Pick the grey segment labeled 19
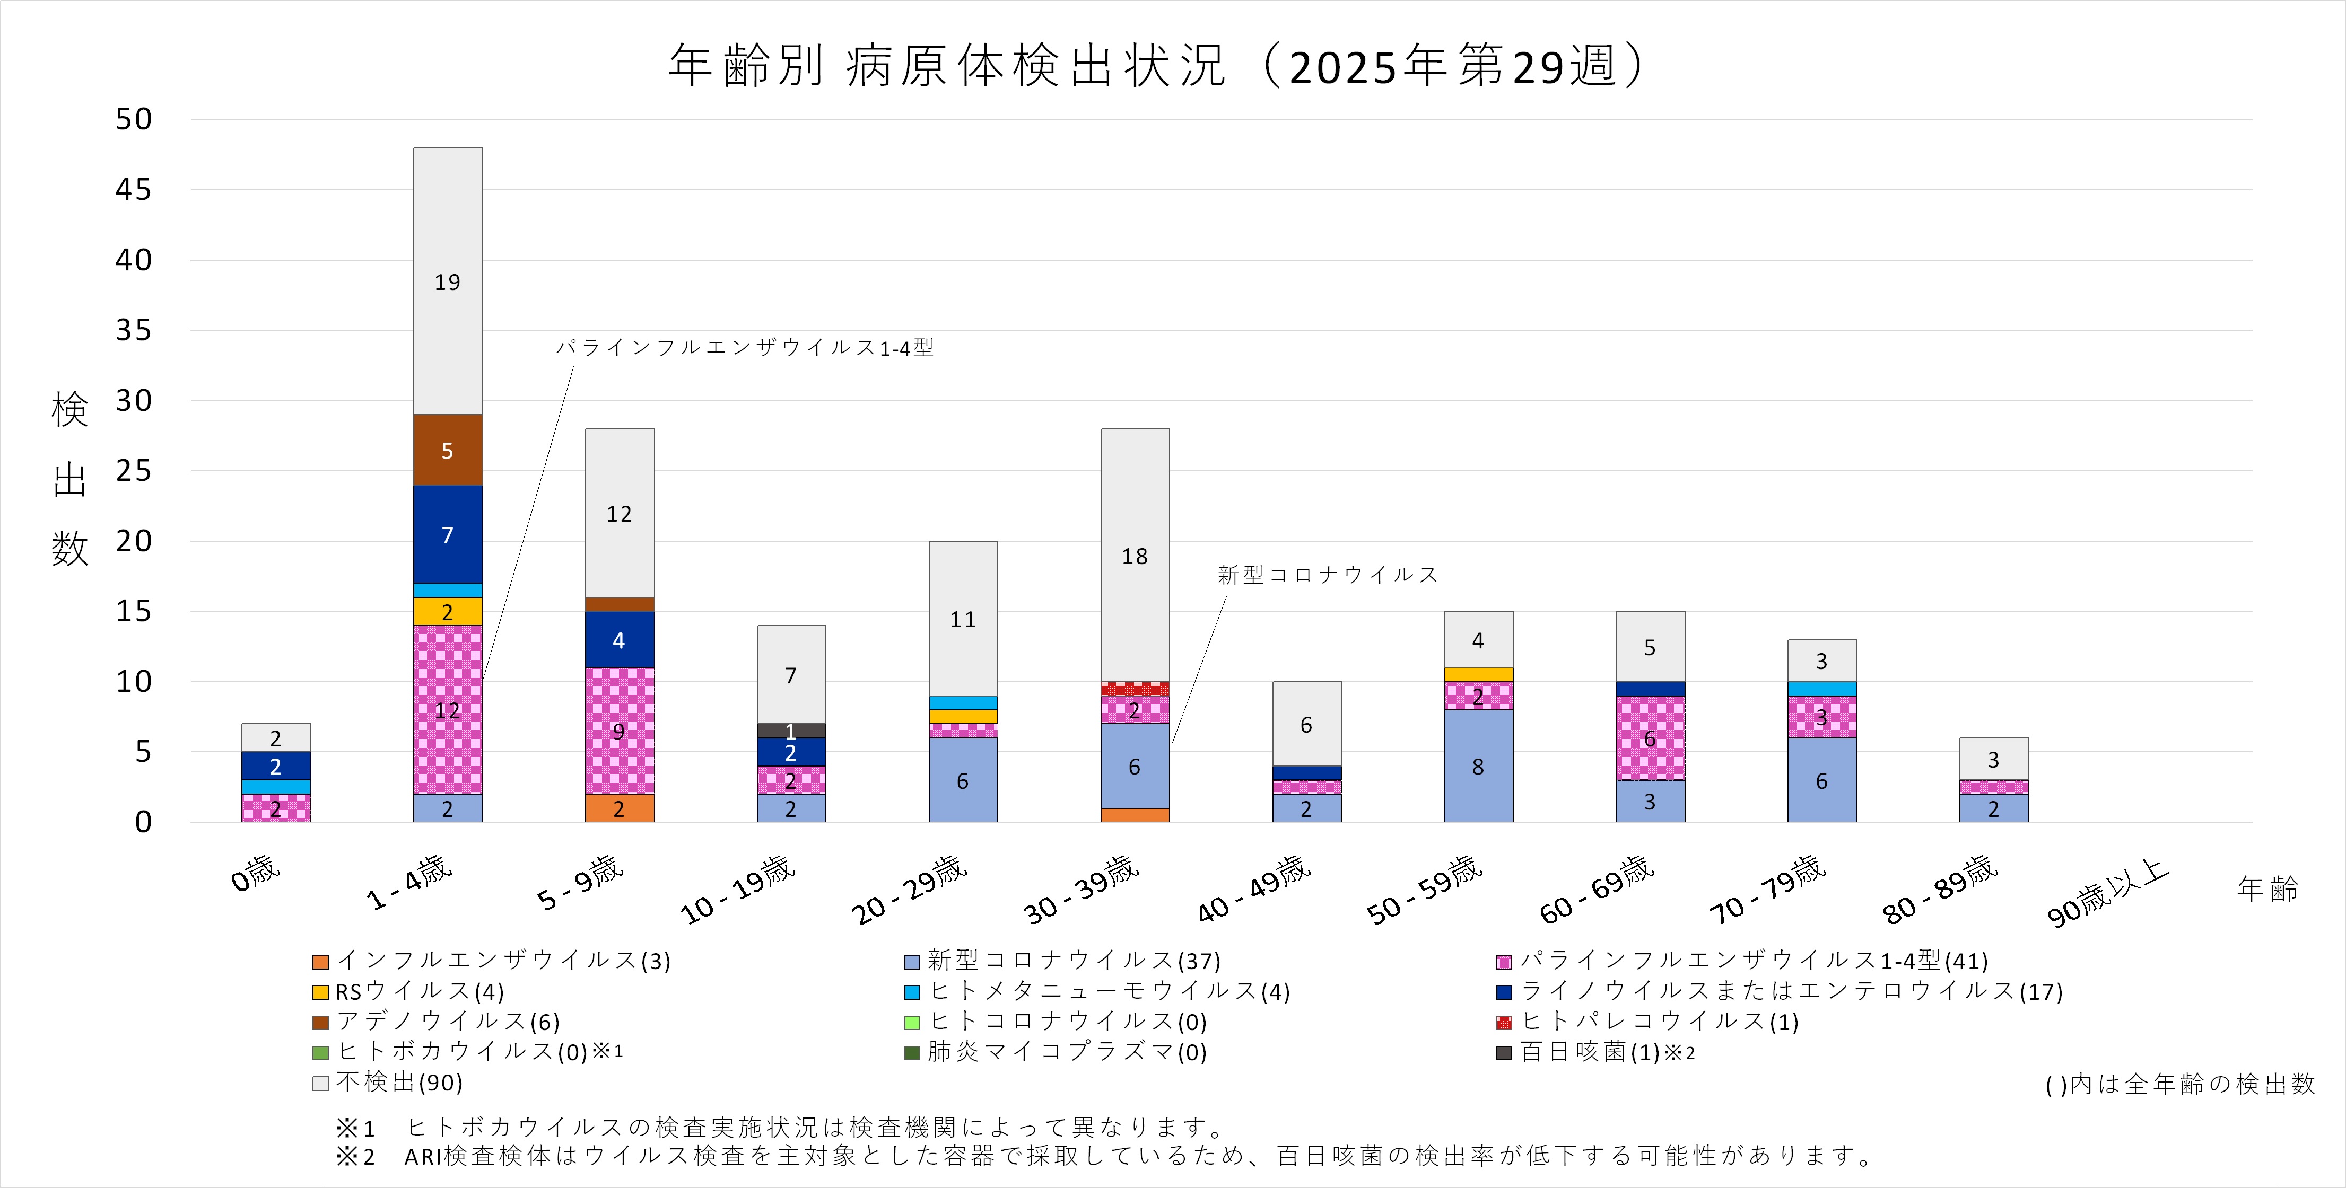pyautogui.click(x=447, y=281)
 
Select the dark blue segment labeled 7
pyautogui.click(x=447, y=534)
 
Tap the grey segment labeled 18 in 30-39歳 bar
pyautogui.click(x=1135, y=556)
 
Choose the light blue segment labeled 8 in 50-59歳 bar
pyautogui.click(x=1478, y=767)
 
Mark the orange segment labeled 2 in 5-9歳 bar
pyautogui.click(x=620, y=808)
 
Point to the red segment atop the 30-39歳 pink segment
pyautogui.click(x=1135, y=689)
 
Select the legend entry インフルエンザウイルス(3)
pyautogui.click(x=492, y=961)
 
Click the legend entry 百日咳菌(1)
pyautogui.click(x=1594, y=1052)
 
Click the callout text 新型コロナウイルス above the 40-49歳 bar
pyautogui.click(x=1328, y=575)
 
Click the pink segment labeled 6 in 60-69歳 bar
pyautogui.click(x=1649, y=738)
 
